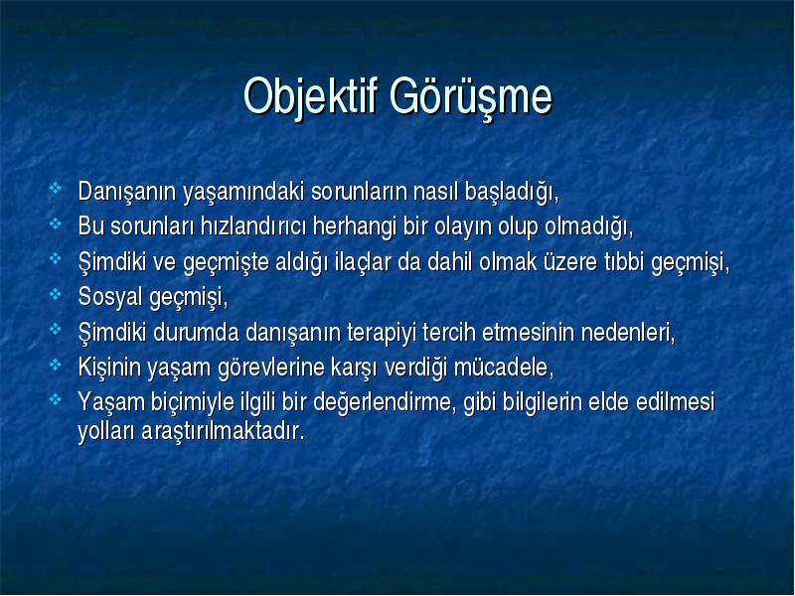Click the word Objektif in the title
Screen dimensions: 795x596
coord(311,96)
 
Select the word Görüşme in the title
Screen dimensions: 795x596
coord(470,96)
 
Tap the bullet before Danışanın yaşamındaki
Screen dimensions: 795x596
coord(55,189)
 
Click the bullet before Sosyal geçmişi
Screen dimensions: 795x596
coord(55,294)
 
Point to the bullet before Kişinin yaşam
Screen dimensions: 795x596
coord(55,365)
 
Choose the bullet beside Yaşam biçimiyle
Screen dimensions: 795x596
coord(55,400)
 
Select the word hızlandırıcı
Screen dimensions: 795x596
coord(253,226)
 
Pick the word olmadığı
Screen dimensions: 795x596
coord(589,227)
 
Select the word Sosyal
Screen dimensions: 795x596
coord(110,298)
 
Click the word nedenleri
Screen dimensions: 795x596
coord(628,334)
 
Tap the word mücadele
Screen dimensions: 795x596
coord(504,369)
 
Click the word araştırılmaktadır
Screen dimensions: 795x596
coord(223,432)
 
